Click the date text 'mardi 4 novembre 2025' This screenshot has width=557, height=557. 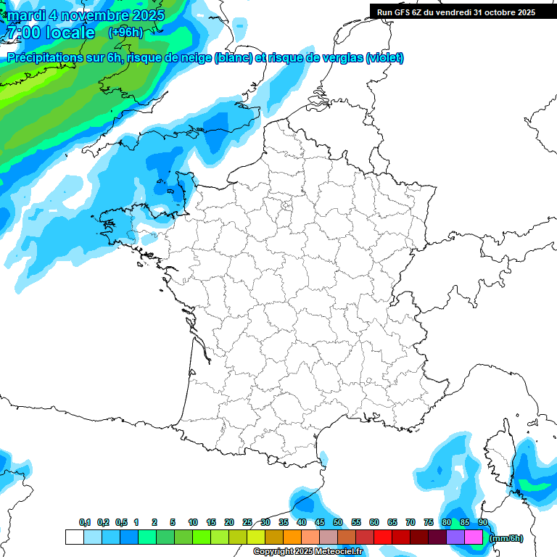86,15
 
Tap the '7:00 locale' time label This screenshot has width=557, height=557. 50,33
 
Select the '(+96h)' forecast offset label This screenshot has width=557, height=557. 125,32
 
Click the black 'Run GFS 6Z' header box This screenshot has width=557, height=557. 455,12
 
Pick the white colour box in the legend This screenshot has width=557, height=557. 74,537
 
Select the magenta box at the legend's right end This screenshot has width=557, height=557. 474,537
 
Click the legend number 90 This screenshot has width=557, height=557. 482,523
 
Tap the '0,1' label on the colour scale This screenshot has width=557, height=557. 84,523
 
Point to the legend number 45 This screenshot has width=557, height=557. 320,523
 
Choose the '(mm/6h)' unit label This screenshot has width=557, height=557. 506,538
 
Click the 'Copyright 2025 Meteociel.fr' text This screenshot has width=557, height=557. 308,552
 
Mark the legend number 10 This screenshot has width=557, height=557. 193,523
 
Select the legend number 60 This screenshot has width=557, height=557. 374,523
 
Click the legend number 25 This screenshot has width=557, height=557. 247,523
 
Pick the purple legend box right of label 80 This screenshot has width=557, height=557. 455,537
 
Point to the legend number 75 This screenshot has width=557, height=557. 429,523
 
